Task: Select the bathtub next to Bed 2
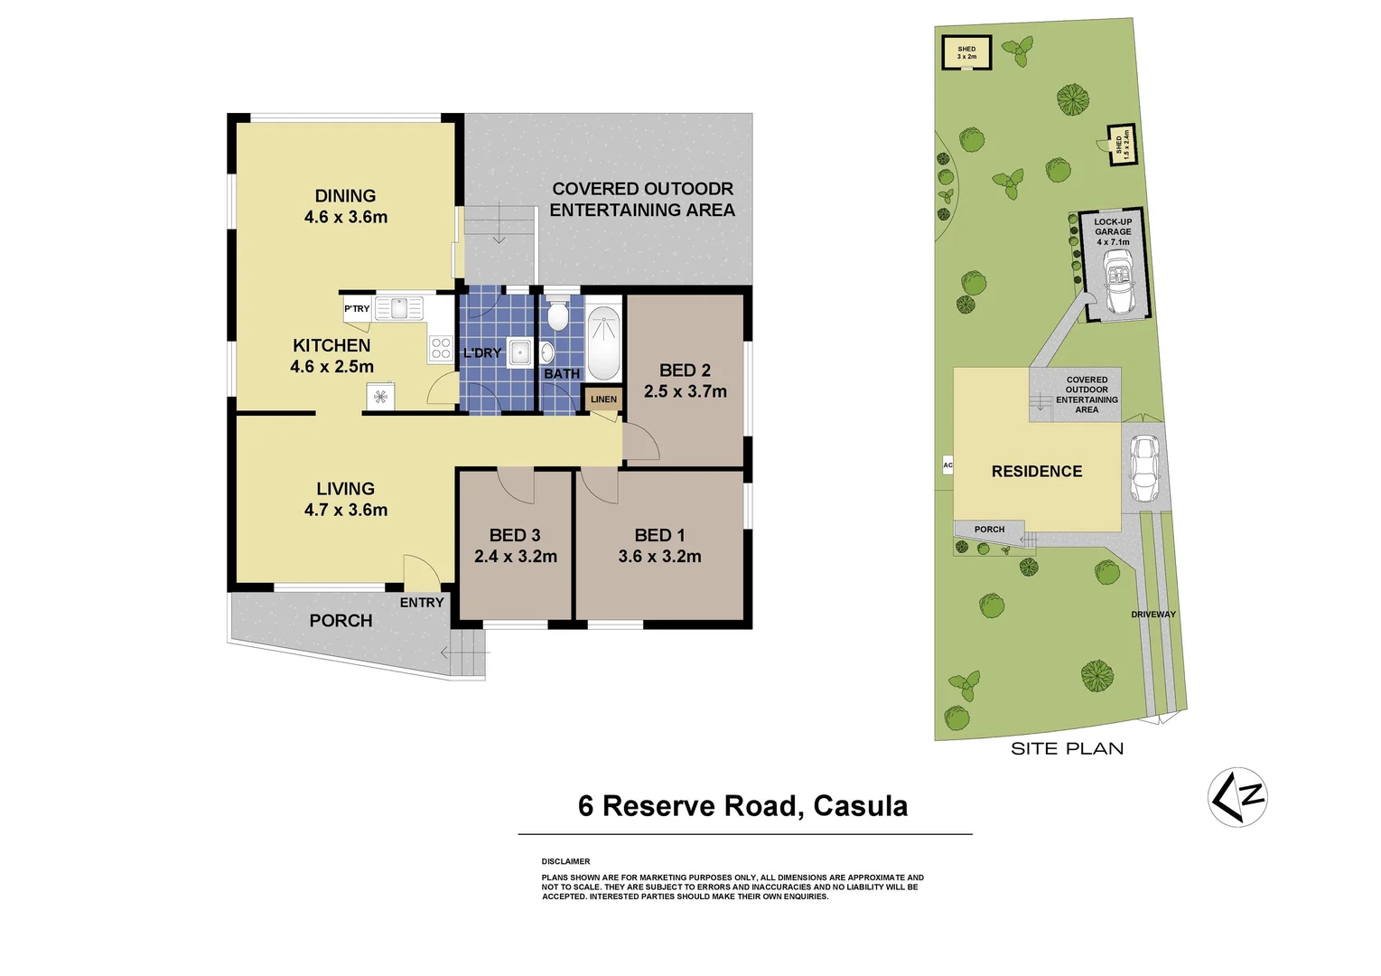point(603,343)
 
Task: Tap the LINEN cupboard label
point(603,399)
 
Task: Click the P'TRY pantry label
point(357,309)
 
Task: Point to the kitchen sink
point(398,309)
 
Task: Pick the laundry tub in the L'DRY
point(519,352)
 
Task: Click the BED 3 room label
point(515,536)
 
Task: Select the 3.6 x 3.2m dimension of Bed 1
point(659,557)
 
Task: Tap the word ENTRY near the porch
point(422,603)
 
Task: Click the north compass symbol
point(1237,797)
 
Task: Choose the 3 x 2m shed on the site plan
point(966,52)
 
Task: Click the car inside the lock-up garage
point(1119,282)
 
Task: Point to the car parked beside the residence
point(1145,470)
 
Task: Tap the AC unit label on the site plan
point(947,465)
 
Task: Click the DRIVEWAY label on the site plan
point(1153,615)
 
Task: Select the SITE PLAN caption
point(1067,748)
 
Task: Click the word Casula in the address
point(860,806)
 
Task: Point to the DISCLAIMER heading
point(565,862)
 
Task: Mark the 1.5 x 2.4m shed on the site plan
point(1121,145)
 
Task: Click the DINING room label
point(345,196)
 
